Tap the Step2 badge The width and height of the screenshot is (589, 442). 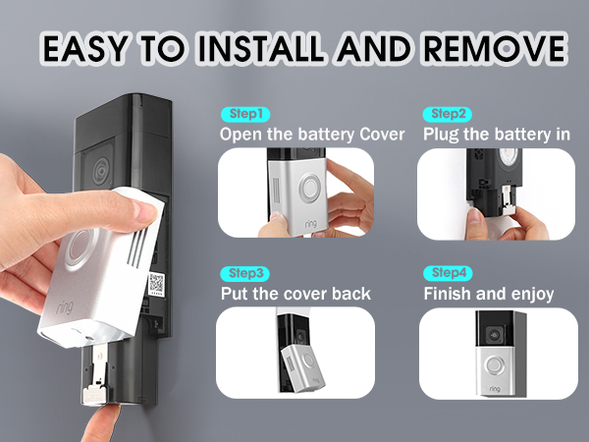(448, 113)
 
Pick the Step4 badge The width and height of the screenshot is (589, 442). (448, 272)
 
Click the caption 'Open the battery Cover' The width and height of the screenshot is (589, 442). (311, 134)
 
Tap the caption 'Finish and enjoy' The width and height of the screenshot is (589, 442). (488, 293)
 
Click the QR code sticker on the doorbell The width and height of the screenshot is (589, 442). (156, 284)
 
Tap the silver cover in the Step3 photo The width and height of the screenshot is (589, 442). (299, 371)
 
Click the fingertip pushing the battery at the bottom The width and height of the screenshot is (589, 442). (98, 417)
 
